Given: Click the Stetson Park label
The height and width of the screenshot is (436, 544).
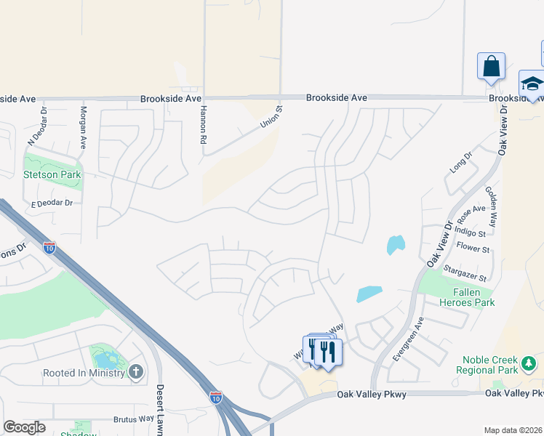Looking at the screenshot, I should coord(52,174).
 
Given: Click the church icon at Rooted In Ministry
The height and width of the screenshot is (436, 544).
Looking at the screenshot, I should coord(135,373).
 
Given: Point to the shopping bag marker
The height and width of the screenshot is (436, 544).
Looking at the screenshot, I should coord(492,66).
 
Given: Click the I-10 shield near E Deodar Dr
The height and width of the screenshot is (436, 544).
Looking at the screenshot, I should coord(49,247).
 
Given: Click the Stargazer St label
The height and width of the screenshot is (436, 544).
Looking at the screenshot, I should coord(465,273).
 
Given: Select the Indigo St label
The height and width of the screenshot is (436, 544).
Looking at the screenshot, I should coord(470,233).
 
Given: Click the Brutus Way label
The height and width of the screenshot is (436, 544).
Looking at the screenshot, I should coord(134,419).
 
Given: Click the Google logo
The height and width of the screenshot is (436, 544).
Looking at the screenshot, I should coord(25,427).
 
